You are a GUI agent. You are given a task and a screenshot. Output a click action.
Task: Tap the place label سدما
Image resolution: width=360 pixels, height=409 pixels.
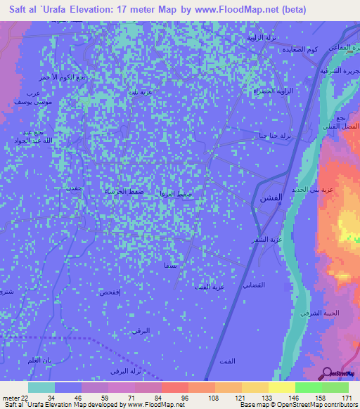click(x=169, y=266)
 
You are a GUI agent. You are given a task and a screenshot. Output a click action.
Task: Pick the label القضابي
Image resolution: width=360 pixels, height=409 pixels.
click(x=253, y=284)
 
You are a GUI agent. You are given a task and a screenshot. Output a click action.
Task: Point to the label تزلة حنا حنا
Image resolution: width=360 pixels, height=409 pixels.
click(x=275, y=136)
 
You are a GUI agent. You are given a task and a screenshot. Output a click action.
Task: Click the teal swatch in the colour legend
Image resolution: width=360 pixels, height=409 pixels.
click(x=41, y=387)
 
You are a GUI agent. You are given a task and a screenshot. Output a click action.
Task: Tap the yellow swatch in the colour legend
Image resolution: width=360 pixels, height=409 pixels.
click(x=281, y=387)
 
